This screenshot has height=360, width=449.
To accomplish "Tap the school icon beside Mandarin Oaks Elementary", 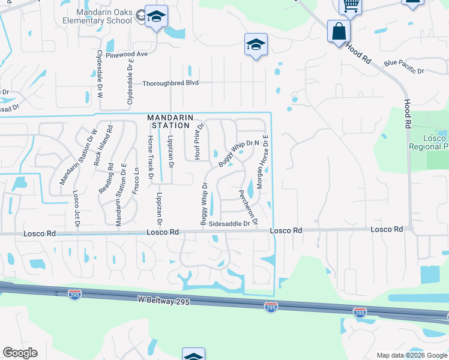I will [156, 17].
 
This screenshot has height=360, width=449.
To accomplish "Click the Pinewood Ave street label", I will [126, 54].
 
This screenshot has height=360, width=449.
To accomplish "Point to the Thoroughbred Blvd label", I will [170, 83].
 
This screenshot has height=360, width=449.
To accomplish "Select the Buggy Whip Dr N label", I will [238, 152].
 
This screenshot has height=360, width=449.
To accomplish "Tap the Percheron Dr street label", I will [249, 208].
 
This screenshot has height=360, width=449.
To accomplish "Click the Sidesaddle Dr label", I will [229, 224].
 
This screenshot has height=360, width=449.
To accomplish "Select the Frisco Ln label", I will [137, 179].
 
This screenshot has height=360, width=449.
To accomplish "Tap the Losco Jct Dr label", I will [76, 209].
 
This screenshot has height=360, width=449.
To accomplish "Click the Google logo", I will [20, 353].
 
